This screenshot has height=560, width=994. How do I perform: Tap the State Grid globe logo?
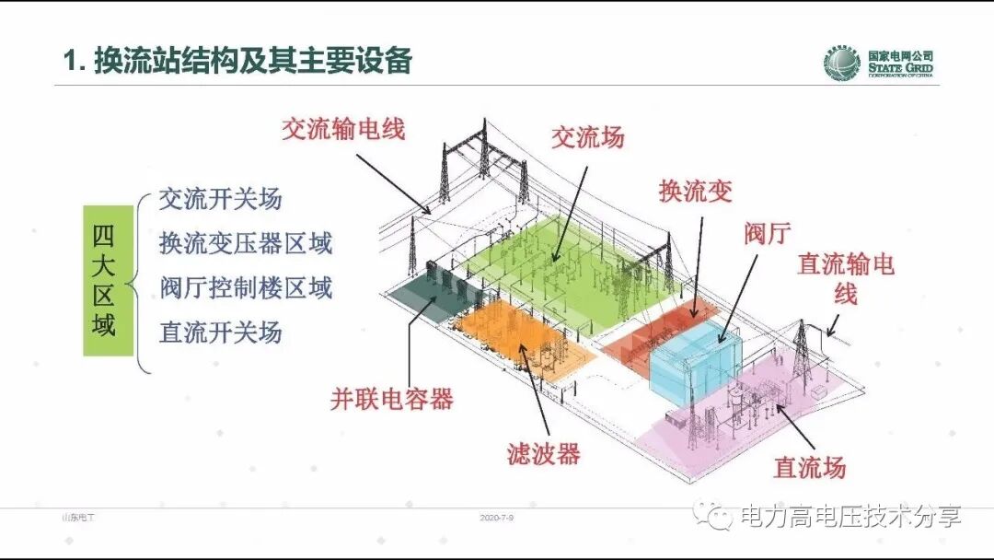pyautogui.click(x=841, y=64)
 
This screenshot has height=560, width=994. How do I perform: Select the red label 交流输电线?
pyautogui.click(x=342, y=129)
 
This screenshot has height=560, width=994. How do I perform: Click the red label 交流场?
pyautogui.click(x=587, y=137)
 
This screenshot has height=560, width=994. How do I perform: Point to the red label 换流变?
pyautogui.click(x=695, y=191)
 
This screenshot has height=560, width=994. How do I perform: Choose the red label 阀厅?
pyautogui.click(x=767, y=234)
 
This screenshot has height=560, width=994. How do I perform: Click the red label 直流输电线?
pyautogui.click(x=846, y=278)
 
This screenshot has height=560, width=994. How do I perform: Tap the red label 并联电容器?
pyautogui.click(x=392, y=399)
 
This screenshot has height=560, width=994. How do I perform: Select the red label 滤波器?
pyautogui.click(x=543, y=453)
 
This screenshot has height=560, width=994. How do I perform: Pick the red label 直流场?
pyautogui.click(x=809, y=467)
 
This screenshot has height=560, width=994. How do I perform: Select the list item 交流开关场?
pyautogui.click(x=220, y=199)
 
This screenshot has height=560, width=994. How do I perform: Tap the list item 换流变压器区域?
pyautogui.click(x=245, y=243)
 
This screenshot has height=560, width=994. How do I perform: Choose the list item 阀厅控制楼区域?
pyautogui.click(x=245, y=287)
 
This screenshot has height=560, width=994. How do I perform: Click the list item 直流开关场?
pyautogui.click(x=220, y=332)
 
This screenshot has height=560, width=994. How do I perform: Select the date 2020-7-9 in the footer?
pyautogui.click(x=496, y=519)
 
